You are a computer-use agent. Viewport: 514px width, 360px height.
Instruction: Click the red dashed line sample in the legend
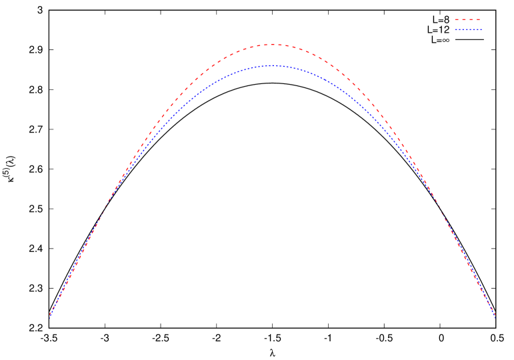pos(468,20)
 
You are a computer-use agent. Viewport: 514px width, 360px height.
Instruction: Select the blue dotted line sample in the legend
pos(468,30)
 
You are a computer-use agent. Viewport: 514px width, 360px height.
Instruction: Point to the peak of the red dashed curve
pos(273,45)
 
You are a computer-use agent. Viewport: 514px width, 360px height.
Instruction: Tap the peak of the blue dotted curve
pos(272,65)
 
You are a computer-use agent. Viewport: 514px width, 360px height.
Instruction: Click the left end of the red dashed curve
pos(49,316)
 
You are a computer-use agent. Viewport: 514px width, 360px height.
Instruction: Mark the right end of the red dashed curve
pos(495,316)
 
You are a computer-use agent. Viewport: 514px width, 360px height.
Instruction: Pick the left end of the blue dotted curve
pos(49,317)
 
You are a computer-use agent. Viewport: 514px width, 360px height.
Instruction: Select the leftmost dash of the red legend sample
pos(457,20)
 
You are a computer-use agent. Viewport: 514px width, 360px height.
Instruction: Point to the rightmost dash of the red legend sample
pos(477,20)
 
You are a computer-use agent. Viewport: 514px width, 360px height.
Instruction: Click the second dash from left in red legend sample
pos(464,20)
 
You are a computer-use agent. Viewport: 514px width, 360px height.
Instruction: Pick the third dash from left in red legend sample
pos(471,20)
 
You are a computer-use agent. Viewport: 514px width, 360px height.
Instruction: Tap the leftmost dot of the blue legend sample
pos(457,30)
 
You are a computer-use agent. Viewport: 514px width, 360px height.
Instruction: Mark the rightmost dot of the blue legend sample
pos(481,30)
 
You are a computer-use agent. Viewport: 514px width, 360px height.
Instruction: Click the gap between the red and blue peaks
pos(273,55)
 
